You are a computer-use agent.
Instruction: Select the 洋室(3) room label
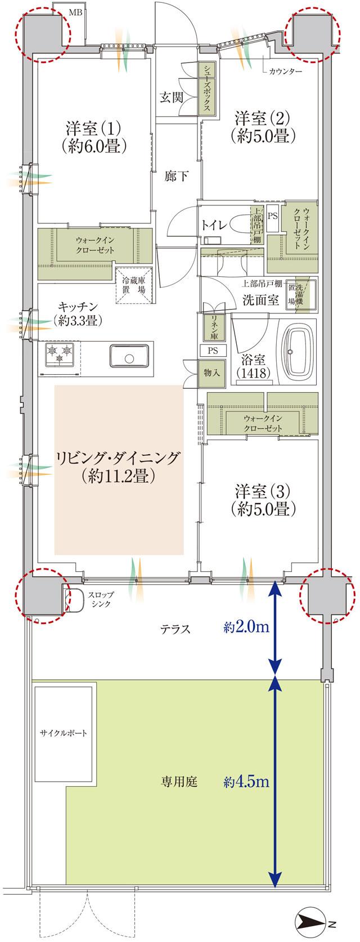263,500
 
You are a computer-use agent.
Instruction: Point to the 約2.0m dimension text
245,628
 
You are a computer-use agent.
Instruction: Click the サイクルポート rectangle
63,734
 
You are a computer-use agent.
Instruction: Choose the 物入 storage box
208,372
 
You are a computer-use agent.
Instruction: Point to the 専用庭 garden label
179,782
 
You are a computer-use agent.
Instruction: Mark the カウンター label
285,71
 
